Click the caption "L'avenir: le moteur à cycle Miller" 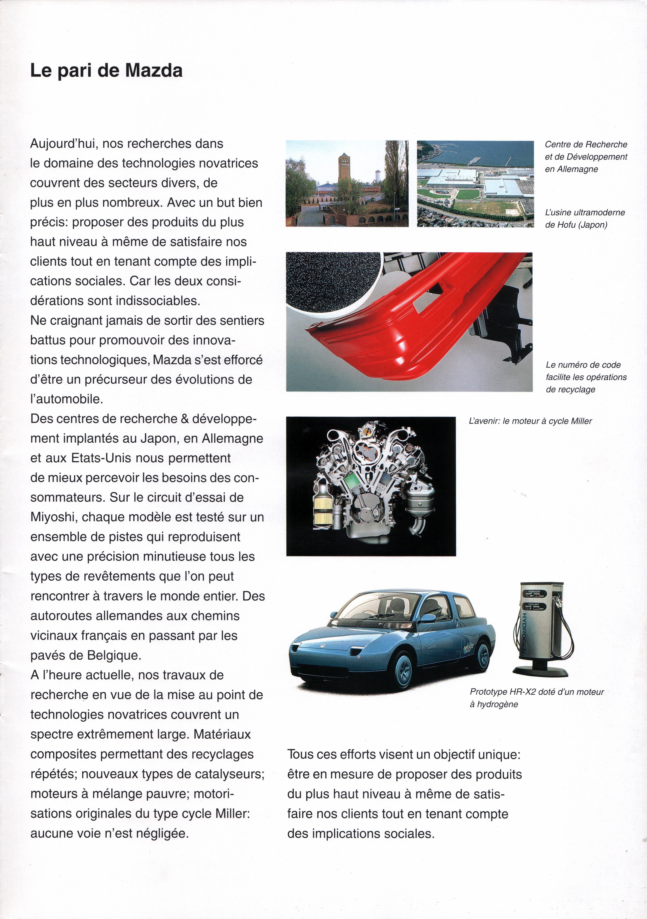coord(530,421)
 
